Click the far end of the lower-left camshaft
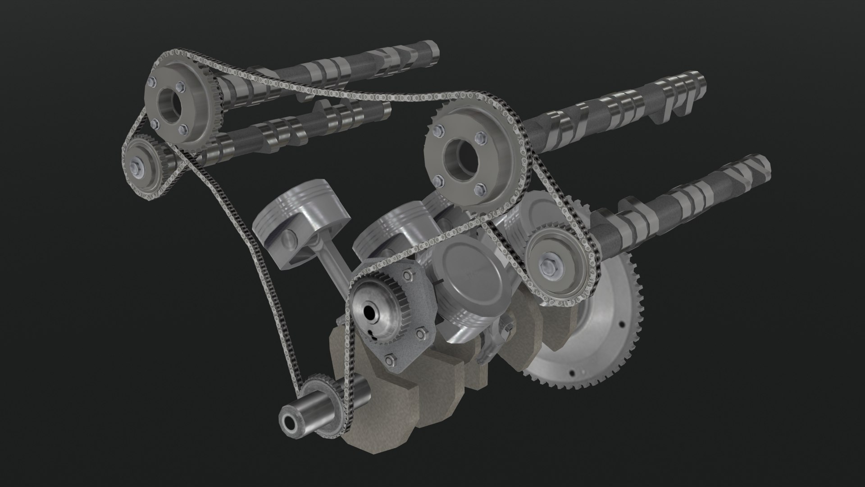coord(385,108)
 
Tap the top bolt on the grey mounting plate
coord(409,276)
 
